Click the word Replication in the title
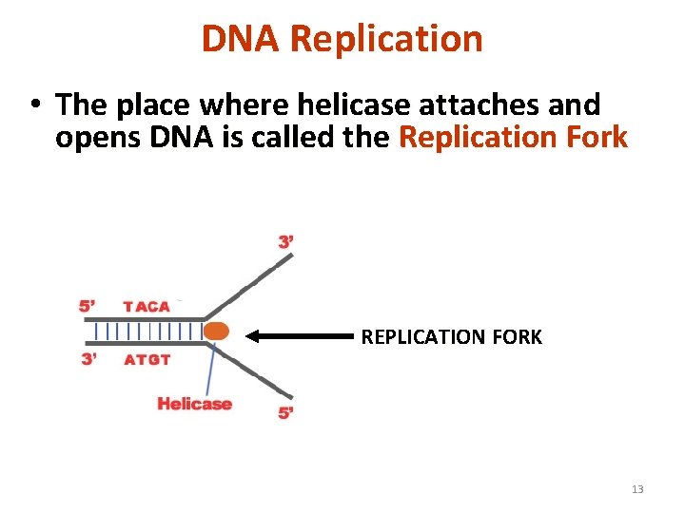386,39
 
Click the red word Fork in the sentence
593,137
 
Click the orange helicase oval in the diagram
217,332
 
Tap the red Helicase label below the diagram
194,404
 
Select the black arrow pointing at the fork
300,335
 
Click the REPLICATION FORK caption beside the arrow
451,336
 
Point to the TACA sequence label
147,306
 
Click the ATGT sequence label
147,359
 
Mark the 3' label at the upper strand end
286,242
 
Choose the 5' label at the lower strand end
285,413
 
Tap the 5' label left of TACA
88,306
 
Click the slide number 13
636,489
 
